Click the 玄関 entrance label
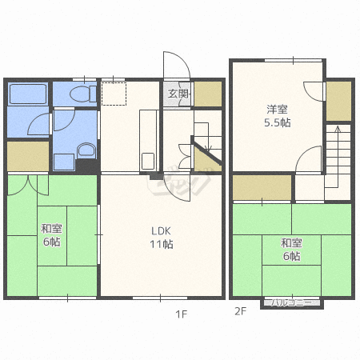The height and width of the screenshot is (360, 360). [x=178, y=94]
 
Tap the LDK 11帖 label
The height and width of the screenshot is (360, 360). [x=161, y=238]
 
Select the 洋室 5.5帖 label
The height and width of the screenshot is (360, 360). [x=278, y=116]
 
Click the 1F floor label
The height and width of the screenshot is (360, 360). [x=182, y=314]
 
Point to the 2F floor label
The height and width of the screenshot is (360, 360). [x=240, y=311]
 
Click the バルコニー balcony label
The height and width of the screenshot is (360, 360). [x=291, y=302]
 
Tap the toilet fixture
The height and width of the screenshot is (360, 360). [x=83, y=94]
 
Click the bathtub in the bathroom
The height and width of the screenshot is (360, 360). [x=28, y=94]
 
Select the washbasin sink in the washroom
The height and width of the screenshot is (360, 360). [x=86, y=150]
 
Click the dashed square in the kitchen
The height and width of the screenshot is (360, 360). [x=114, y=94]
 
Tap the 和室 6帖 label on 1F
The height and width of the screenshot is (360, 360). [x=51, y=235]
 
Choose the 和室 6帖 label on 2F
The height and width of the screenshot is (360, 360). [x=291, y=250]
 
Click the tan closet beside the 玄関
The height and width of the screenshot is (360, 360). [x=208, y=94]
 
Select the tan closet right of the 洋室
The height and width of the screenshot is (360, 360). [x=338, y=101]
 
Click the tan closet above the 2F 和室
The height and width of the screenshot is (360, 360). [x=262, y=187]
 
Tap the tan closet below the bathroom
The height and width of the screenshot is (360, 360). [x=28, y=156]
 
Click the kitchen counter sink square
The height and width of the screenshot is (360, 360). [x=147, y=161]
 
